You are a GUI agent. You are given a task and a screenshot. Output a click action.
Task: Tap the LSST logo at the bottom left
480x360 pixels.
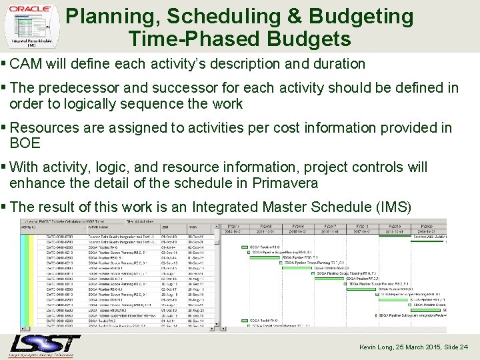[x=45, y=345]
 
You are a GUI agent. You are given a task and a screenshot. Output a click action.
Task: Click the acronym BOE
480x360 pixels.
[x=25, y=143]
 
